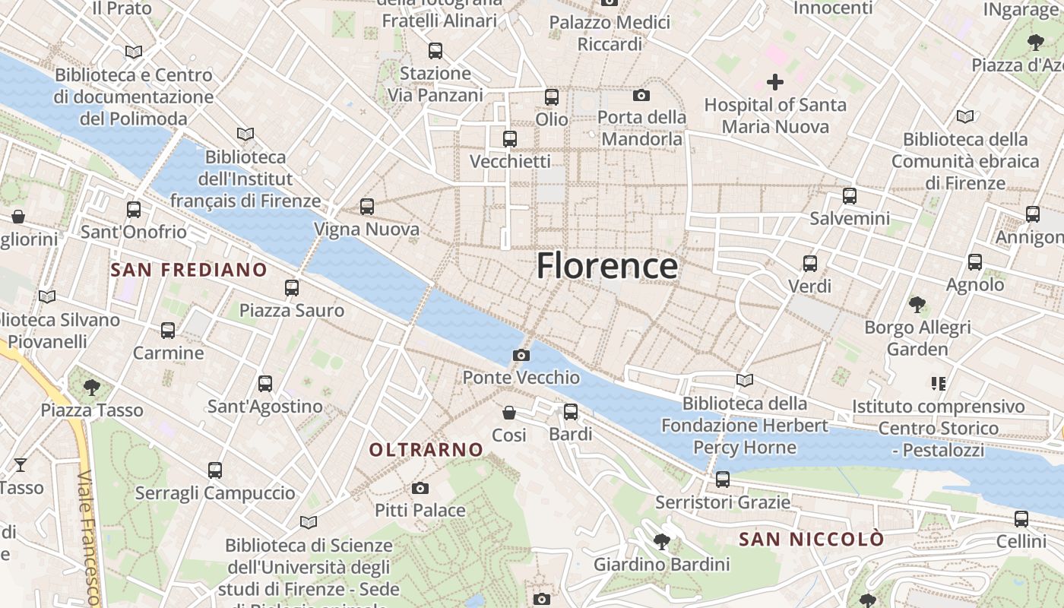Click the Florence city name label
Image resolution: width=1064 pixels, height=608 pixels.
click(606, 266)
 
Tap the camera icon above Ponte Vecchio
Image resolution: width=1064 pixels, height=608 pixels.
click(521, 355)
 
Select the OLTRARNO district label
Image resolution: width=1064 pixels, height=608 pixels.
click(426, 450)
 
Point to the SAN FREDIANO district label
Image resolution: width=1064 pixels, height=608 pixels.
click(188, 270)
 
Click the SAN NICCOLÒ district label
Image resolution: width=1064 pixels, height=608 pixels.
click(812, 540)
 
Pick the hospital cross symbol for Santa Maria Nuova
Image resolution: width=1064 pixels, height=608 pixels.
click(775, 82)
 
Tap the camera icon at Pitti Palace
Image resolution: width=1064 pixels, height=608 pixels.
click(420, 488)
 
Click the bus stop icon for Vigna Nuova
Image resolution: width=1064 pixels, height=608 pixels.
click(367, 207)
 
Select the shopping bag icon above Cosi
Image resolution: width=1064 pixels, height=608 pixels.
click(509, 413)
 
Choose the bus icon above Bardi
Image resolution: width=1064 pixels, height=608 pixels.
click(571, 412)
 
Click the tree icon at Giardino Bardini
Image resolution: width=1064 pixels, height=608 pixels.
click(661, 542)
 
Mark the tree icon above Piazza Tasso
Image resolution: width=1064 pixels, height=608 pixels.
click(92, 388)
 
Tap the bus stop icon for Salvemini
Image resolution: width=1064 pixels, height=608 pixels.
click(850, 196)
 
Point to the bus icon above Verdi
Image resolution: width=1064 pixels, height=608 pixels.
click(810, 264)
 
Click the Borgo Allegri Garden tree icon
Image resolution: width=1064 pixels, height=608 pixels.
click(917, 305)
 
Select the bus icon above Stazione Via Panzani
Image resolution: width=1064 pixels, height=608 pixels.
click(435, 51)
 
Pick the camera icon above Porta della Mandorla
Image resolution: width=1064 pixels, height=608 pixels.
click(641, 95)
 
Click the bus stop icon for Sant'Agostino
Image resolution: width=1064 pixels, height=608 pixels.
click(265, 384)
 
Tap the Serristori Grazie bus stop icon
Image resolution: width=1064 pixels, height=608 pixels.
click(723, 480)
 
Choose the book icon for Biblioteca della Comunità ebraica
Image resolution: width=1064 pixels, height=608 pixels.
click(965, 117)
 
